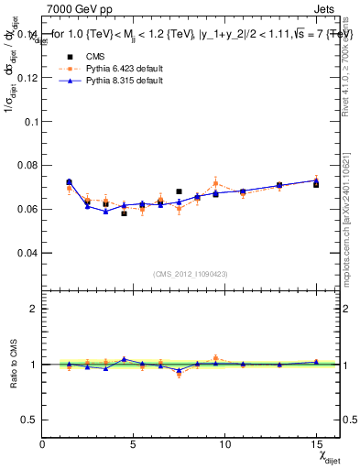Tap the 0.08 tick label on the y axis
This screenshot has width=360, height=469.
[27, 165]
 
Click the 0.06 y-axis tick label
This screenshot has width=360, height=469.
[27, 209]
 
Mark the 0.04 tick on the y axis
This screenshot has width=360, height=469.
[27, 252]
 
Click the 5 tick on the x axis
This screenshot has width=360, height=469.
[134, 443]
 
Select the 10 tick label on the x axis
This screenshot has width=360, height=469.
[224, 443]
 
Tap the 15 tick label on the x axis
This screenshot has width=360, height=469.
[316, 443]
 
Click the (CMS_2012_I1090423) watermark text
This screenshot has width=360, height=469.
[190, 273]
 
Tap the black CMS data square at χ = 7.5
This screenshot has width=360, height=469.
[179, 191]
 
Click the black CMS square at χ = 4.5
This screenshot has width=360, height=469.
[124, 213]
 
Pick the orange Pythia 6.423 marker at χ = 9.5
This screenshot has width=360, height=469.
[215, 183]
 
